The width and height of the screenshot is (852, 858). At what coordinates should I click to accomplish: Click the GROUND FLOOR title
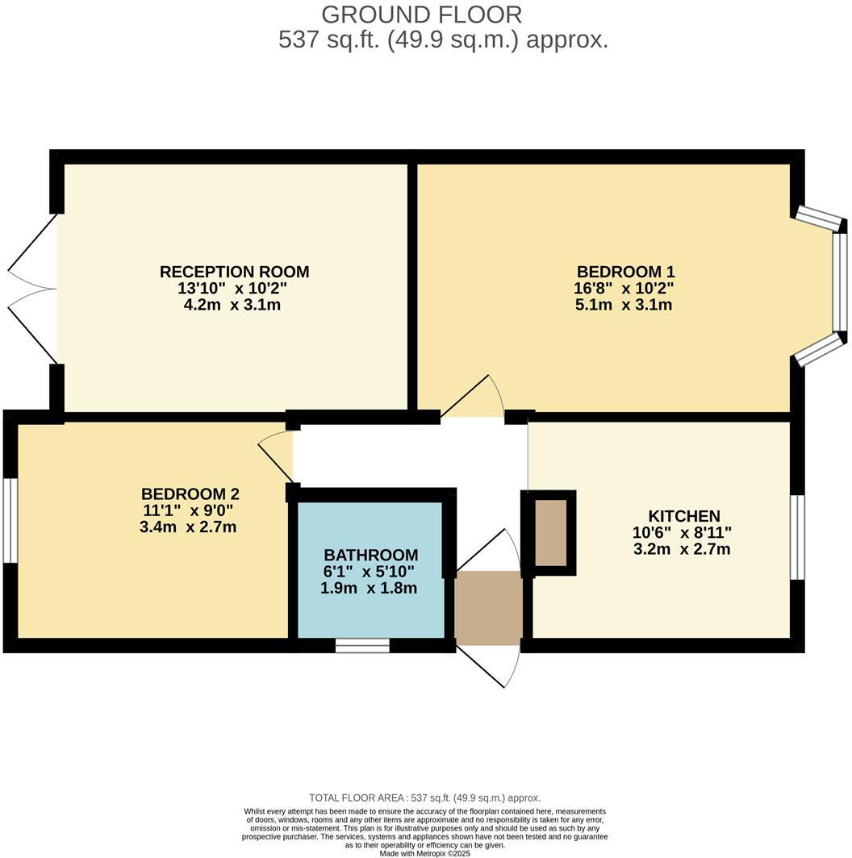tap(421, 15)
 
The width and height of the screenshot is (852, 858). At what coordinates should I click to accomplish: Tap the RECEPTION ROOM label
tap(234, 272)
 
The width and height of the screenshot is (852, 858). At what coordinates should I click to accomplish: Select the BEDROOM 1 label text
tap(625, 272)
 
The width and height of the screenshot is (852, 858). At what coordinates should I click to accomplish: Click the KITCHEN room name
tap(683, 516)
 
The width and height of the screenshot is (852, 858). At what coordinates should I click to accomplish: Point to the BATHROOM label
tap(370, 555)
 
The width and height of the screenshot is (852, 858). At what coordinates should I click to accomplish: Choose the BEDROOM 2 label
tap(190, 494)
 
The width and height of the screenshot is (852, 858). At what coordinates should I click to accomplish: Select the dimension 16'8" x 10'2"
tap(625, 289)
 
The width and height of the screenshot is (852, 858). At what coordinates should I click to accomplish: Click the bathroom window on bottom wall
tap(362, 645)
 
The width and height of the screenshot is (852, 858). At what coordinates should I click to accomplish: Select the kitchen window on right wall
tap(797, 537)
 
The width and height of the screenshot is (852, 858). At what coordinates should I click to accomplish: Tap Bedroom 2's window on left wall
tap(10, 521)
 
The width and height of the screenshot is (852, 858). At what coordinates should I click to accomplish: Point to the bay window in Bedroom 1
tap(839, 282)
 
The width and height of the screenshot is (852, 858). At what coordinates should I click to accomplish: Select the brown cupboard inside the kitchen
tap(552, 533)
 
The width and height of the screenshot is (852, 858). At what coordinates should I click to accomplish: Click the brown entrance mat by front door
tap(488, 608)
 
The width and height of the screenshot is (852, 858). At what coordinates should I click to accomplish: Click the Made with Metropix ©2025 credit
tap(424, 853)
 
